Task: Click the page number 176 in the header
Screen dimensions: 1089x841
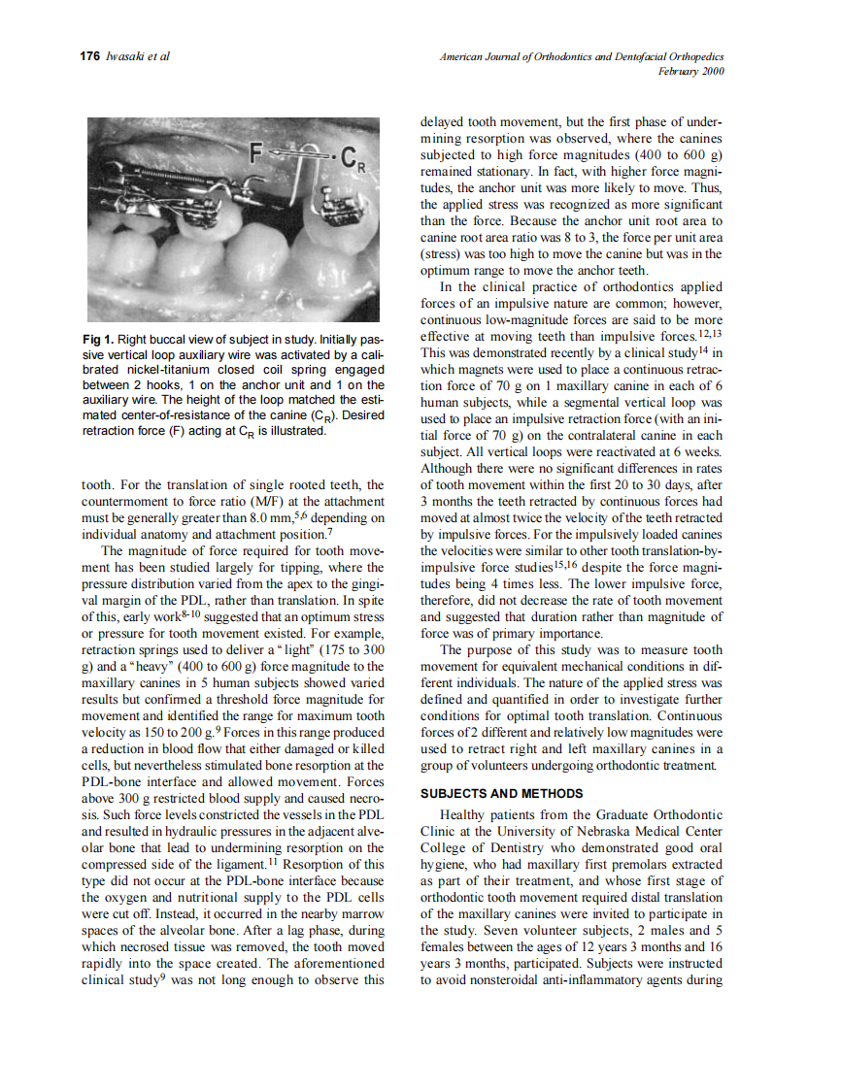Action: (89, 56)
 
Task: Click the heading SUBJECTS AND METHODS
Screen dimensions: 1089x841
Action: (501, 793)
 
